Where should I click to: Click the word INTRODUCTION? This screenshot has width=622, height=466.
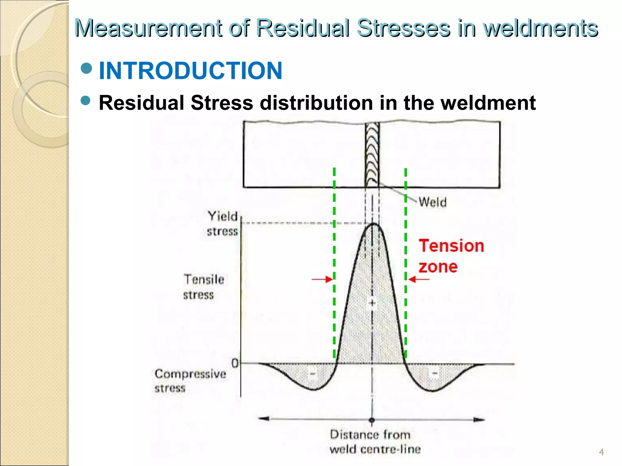190,71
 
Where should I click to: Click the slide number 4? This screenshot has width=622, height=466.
601,452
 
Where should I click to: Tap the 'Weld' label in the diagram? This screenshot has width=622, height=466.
433,202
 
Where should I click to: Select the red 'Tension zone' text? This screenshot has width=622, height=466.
451,256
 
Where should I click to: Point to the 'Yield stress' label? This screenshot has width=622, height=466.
223,224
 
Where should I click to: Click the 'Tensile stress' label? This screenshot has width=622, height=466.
203,287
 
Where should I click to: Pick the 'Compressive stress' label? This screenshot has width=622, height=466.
190,381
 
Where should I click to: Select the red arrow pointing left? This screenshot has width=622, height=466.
419,279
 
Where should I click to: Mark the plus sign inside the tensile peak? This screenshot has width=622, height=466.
373,303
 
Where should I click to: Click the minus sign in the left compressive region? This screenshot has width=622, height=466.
313,373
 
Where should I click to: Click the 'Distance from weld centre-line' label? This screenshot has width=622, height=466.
375,442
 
